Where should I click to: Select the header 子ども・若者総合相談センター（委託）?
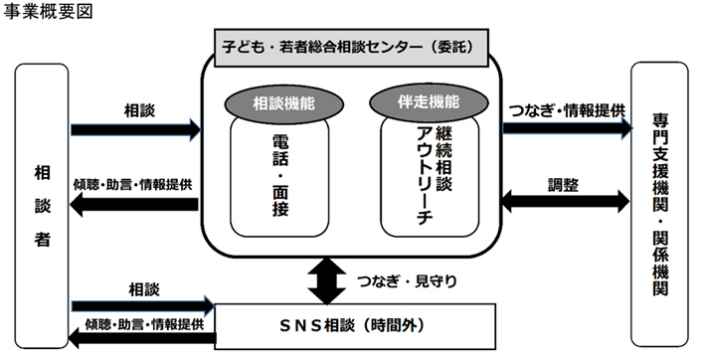(355, 46)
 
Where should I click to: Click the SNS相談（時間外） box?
(355, 324)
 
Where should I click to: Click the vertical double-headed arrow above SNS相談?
(328, 279)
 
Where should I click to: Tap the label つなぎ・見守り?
(407, 280)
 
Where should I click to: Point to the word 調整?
(564, 183)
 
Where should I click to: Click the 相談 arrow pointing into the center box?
(135, 128)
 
